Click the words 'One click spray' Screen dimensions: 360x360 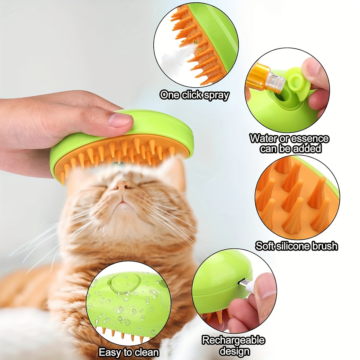(194, 95)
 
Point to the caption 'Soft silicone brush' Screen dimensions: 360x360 (296, 246)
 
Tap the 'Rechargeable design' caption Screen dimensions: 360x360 (233, 345)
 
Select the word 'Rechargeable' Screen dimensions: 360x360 (233, 340)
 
